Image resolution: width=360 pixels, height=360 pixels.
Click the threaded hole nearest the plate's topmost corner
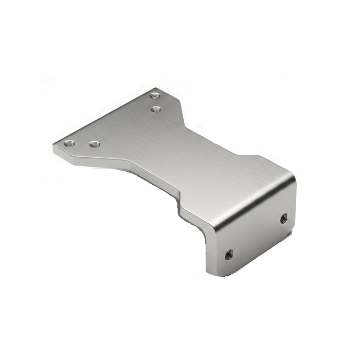(154, 96)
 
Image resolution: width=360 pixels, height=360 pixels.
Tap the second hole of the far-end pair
(156, 109)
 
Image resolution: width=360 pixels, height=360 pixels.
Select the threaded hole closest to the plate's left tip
(69, 143)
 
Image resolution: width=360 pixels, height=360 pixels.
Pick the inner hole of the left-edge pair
(94, 145)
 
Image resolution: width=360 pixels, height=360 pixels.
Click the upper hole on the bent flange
(283, 218)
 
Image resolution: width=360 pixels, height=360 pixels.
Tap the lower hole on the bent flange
(229, 254)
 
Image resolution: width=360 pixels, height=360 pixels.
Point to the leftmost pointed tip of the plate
(53, 145)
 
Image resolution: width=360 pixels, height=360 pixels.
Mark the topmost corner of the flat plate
(156, 88)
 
